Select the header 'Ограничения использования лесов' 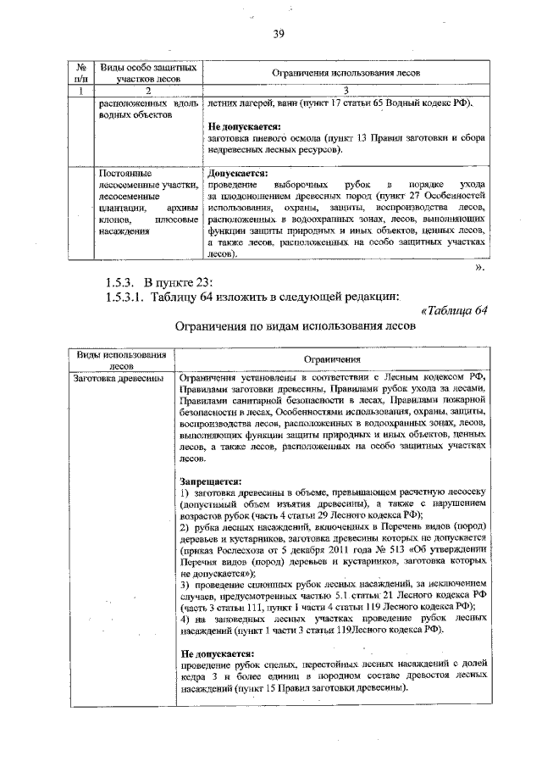point(346,74)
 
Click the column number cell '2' point(147,91)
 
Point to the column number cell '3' point(346,91)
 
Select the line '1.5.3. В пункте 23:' point(152,281)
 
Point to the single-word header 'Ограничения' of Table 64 point(334,359)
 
